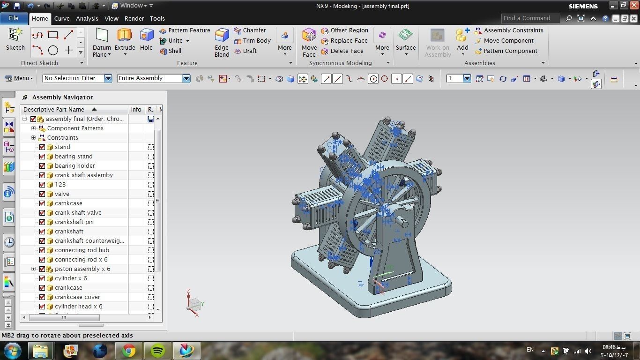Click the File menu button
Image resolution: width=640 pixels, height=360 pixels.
click(14, 18)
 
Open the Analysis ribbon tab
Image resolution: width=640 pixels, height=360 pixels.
click(87, 18)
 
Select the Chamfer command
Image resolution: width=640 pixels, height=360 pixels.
click(250, 30)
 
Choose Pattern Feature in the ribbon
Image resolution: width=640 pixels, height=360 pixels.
click(185, 30)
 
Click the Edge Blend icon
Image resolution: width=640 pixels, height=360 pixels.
click(222, 36)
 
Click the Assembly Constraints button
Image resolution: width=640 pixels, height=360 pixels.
click(509, 30)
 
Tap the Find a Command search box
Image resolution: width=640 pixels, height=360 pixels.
click(530, 18)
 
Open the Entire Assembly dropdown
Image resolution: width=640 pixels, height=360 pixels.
click(154, 78)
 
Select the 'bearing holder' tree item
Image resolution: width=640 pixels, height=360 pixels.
click(74, 166)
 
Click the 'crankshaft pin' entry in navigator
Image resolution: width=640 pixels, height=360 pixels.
click(74, 222)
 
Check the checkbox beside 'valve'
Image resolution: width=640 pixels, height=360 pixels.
click(42, 194)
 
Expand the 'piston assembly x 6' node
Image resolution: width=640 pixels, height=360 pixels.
click(34, 269)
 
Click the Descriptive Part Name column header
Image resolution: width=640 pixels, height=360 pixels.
click(54, 109)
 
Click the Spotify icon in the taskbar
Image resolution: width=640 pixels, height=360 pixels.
click(158, 351)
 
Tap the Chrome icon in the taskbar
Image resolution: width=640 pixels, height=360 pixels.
click(129, 351)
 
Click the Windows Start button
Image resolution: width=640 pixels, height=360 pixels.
click(12, 350)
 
